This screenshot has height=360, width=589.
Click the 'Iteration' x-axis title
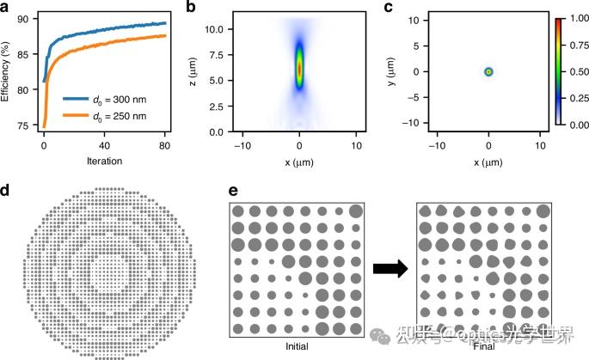(x=103, y=161)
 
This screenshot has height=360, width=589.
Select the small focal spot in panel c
(x=488, y=72)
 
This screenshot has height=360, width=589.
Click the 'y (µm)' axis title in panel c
(x=394, y=72)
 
